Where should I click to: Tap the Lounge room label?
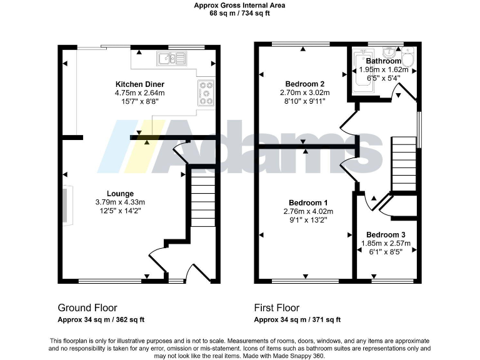pyautogui.click(x=119, y=193)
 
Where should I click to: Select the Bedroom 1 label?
pyautogui.click(x=308, y=202)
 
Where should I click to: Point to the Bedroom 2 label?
pyautogui.click(x=304, y=84)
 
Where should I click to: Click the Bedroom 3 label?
pyautogui.click(x=386, y=234)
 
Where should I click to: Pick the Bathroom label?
pyautogui.click(x=384, y=61)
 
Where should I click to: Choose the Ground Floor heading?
pyautogui.click(x=87, y=307)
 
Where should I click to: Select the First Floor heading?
pyautogui.click(x=276, y=307)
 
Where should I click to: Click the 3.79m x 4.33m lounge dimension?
pyautogui.click(x=119, y=202)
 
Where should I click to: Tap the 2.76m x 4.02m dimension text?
pyautogui.click(x=308, y=211)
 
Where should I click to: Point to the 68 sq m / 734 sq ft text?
pyautogui.click(x=240, y=13)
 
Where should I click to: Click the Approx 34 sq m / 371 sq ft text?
pyautogui.click(x=297, y=319)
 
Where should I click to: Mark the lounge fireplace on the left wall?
pyautogui.click(x=68, y=204)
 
